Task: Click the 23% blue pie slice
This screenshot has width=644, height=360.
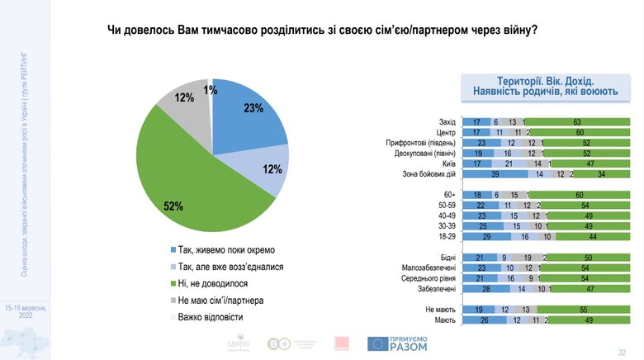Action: (248, 124)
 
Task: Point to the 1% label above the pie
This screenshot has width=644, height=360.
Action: (211, 89)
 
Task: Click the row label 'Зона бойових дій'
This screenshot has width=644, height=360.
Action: (429, 174)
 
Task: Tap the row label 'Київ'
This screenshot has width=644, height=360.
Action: (448, 163)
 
